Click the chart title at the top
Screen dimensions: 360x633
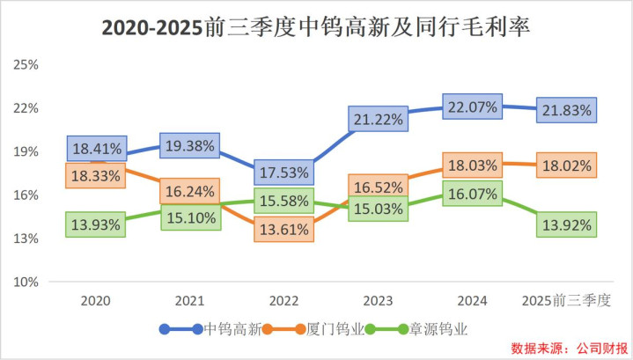(316, 28)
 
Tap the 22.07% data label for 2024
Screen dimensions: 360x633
(473, 107)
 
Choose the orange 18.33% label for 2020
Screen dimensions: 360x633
(98, 175)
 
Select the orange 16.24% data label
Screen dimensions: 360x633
(189, 190)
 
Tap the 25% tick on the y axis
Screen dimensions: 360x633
(28, 65)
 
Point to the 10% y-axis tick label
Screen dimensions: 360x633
(28, 282)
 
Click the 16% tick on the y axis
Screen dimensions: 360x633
(28, 195)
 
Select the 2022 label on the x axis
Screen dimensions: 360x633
(283, 301)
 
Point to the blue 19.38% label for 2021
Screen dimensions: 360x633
(189, 146)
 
